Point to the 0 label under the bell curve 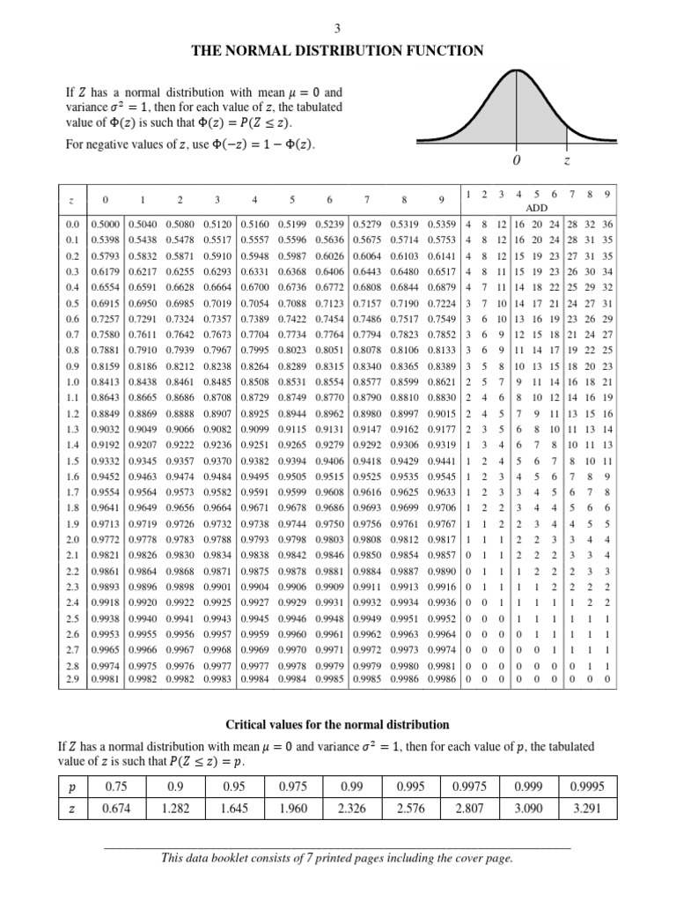[x=517, y=162]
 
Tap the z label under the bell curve [x=567, y=162]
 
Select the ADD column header [x=537, y=208]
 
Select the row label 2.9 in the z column [x=72, y=680]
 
